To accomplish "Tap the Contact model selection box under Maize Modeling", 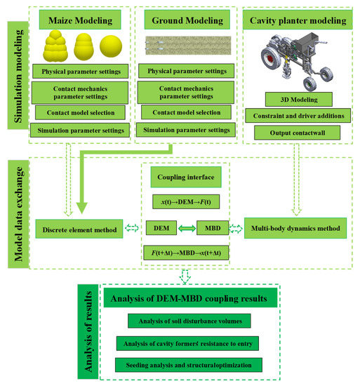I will click(79, 112).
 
